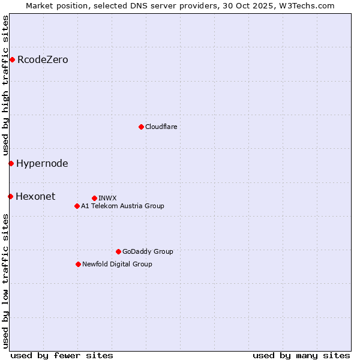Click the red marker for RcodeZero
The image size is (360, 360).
[12, 59]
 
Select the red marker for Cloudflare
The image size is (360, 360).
[141, 127]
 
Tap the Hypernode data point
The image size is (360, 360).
[11, 163]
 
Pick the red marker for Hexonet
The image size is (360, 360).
[10, 196]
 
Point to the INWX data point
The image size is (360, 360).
[94, 198]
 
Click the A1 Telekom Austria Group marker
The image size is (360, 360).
[77, 206]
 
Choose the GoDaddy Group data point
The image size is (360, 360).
[118, 251]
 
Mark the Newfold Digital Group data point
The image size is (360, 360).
[78, 264]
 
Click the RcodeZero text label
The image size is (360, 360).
[43, 59]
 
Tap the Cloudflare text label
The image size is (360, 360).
[161, 127]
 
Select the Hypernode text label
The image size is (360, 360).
[42, 163]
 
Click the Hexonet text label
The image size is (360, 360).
[35, 196]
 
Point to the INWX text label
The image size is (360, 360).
[107, 198]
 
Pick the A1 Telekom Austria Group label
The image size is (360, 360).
[122, 206]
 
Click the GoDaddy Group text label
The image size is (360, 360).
[148, 251]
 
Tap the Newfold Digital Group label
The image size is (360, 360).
[117, 264]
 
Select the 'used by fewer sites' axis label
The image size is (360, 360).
[62, 355]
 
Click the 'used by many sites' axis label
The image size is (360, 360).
[301, 355]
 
